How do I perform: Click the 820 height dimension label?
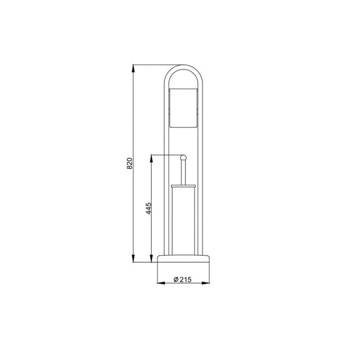pyautogui.click(x=130, y=163)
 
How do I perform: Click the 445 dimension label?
pyautogui.click(x=149, y=208)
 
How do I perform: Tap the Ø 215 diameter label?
pyautogui.click(x=183, y=279)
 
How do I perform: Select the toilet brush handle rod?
pyautogui.click(x=184, y=172)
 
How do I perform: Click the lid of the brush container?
pyautogui.click(x=183, y=185)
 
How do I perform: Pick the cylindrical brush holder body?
pyautogui.click(x=183, y=220)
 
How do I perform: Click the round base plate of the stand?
pyautogui.click(x=183, y=258)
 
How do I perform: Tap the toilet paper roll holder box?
pyautogui.click(x=183, y=108)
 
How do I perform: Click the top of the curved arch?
pyautogui.click(x=183, y=66)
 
